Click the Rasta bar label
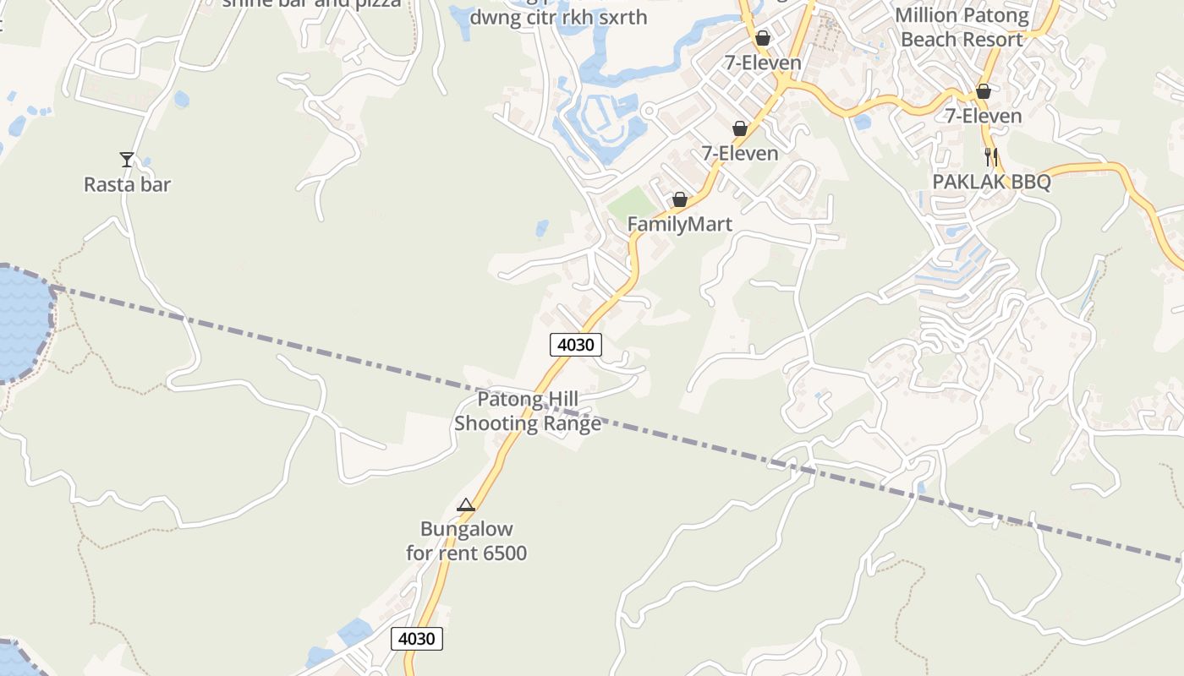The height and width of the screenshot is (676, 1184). [x=127, y=184]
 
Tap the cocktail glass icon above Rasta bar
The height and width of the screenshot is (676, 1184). [x=127, y=159]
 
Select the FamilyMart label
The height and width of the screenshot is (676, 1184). [x=679, y=224]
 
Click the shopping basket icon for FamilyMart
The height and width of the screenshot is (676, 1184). [x=679, y=200]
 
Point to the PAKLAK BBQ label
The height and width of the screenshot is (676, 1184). [x=991, y=182]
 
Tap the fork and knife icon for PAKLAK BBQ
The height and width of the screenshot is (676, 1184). [x=991, y=156]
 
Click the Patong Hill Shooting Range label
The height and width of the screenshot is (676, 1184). [x=528, y=411]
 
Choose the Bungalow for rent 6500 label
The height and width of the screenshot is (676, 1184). [x=466, y=541]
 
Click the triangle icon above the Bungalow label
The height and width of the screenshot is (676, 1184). [x=466, y=505]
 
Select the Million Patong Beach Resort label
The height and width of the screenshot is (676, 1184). [x=962, y=27]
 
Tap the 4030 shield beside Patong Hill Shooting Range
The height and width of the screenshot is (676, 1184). [x=576, y=344]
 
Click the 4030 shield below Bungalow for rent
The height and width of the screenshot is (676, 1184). [x=417, y=638]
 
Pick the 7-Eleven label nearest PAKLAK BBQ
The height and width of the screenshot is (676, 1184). [x=984, y=116]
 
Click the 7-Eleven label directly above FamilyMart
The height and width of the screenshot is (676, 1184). [x=740, y=153]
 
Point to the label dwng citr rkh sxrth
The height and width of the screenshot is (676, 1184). [x=558, y=17]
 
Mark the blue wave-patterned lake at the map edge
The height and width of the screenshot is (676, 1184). [x=22, y=321]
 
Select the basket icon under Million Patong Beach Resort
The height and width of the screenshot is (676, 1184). [x=983, y=91]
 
